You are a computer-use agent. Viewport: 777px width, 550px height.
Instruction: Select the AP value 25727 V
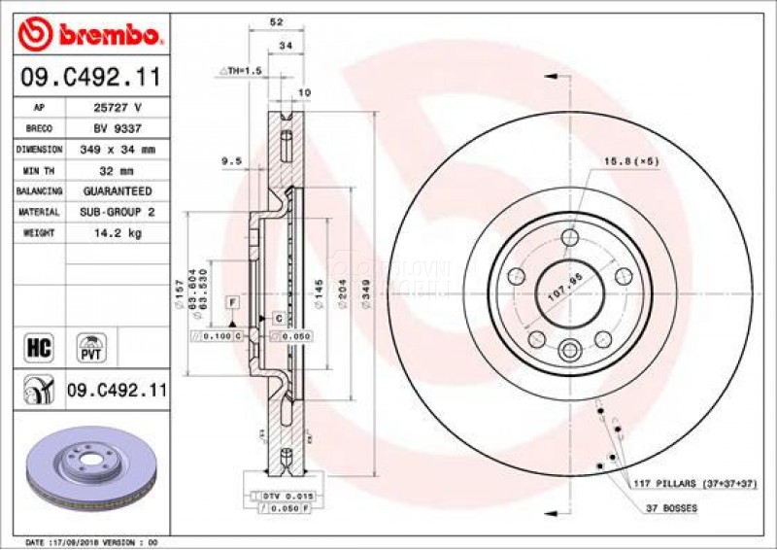(x=118, y=108)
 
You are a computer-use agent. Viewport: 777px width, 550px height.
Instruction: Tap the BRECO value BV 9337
(x=118, y=128)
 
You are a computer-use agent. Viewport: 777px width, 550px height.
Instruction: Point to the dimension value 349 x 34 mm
(x=118, y=150)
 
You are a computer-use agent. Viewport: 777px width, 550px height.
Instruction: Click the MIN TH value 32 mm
(x=118, y=170)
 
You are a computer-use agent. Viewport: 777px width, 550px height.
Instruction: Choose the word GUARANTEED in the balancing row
(x=118, y=191)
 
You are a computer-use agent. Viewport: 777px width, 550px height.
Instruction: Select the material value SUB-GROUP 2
(x=118, y=212)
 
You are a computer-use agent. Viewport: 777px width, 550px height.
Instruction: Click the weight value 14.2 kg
(x=118, y=233)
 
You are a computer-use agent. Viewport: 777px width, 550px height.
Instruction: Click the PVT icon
(x=92, y=347)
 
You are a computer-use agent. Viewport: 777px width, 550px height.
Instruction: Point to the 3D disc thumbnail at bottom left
(x=87, y=464)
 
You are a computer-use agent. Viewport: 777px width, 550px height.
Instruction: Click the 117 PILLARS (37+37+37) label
(x=692, y=483)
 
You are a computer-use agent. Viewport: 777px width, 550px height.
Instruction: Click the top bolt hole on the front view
(x=569, y=237)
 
